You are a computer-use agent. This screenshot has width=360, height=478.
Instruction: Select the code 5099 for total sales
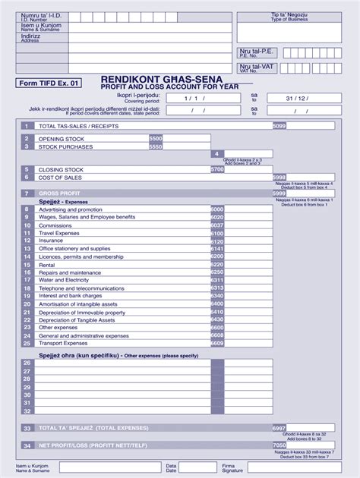(x=279, y=125)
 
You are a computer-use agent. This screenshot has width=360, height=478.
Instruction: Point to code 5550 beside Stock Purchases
(x=156, y=146)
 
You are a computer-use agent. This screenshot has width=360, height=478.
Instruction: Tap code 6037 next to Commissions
(x=216, y=225)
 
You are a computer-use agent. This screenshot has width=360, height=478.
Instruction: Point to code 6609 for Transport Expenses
(x=216, y=343)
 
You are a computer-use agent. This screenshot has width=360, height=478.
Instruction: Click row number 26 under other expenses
(x=27, y=363)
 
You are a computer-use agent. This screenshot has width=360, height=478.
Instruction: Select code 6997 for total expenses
(x=279, y=428)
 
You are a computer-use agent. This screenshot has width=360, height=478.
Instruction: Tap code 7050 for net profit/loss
(x=279, y=445)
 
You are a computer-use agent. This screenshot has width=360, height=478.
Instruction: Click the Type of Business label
(x=289, y=18)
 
